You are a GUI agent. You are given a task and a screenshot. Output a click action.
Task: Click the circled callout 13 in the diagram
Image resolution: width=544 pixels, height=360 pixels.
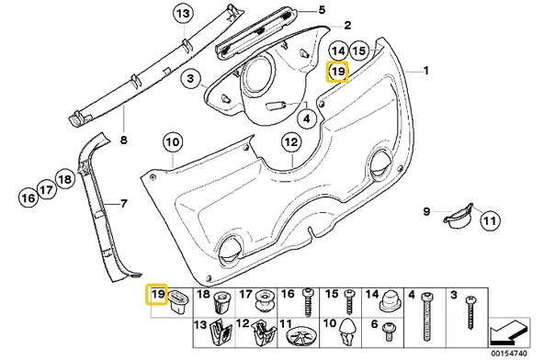[x=183, y=14]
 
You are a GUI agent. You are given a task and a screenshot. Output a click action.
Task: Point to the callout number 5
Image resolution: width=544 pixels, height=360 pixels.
[x=322, y=10]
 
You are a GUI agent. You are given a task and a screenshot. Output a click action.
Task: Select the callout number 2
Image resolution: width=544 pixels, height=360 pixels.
[x=347, y=26]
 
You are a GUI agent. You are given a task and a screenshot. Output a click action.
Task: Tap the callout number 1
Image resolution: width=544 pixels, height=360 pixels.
[x=426, y=71]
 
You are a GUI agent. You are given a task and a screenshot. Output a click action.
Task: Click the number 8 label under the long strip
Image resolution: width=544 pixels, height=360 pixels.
[x=123, y=141]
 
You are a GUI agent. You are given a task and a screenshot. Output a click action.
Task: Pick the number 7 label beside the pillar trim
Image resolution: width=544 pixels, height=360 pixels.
[x=124, y=204]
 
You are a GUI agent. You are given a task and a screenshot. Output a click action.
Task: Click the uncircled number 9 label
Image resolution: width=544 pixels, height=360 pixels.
[x=426, y=211]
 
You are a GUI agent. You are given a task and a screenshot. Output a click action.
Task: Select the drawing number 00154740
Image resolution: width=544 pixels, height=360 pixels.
[x=508, y=353]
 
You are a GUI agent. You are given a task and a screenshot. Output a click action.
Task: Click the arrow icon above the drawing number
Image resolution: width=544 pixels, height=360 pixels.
[x=509, y=332]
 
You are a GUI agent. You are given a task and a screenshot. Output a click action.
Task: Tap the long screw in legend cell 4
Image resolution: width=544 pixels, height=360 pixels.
[x=427, y=317]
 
